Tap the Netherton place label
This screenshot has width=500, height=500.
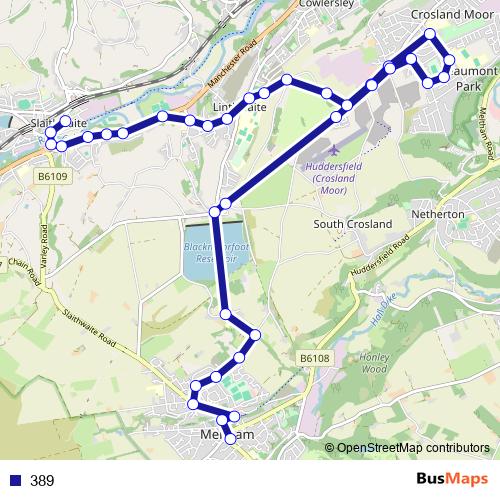pos(438,215)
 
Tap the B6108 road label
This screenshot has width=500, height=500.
pos(313,357)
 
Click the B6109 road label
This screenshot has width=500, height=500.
pos(53,177)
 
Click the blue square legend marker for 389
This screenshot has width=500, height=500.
pos(13,480)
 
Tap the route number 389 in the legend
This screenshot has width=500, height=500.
pos(41,480)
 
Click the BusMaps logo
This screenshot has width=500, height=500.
pos(451,479)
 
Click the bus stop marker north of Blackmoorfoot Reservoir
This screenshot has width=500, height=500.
pos(215,210)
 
